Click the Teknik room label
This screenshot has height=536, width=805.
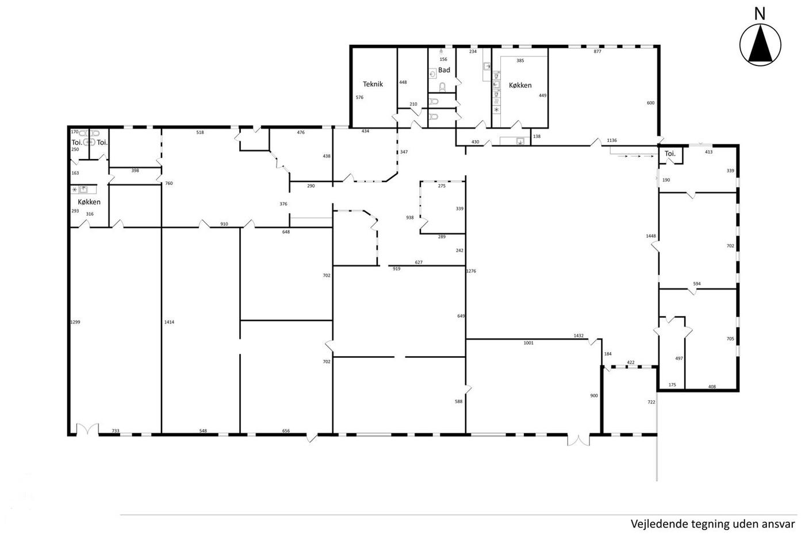[x=373, y=84]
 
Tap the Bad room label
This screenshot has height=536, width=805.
[x=444, y=70]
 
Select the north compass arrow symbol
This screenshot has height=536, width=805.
[x=760, y=45]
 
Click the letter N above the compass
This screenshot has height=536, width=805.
[x=760, y=14]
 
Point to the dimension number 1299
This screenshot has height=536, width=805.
[x=75, y=322]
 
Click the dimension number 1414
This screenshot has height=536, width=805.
[x=169, y=322]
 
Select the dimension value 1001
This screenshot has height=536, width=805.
[x=528, y=343]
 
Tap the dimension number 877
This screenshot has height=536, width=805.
[x=597, y=51]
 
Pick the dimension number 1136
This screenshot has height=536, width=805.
[x=612, y=140]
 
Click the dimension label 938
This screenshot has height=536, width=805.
[x=409, y=218]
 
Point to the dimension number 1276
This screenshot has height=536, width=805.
[x=471, y=271]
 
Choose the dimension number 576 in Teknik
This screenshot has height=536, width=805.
[x=359, y=97]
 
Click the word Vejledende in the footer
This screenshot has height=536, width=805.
[x=650, y=524]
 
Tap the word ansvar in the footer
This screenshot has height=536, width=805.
[x=781, y=524]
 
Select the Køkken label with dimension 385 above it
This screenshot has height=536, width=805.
[x=520, y=86]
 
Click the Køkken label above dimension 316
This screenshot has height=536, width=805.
[x=89, y=202]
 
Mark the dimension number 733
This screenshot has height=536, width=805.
[x=116, y=431]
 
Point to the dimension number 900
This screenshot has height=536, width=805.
[x=594, y=396]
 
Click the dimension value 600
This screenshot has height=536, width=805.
[x=650, y=103]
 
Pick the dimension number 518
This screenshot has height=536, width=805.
[x=200, y=133]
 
